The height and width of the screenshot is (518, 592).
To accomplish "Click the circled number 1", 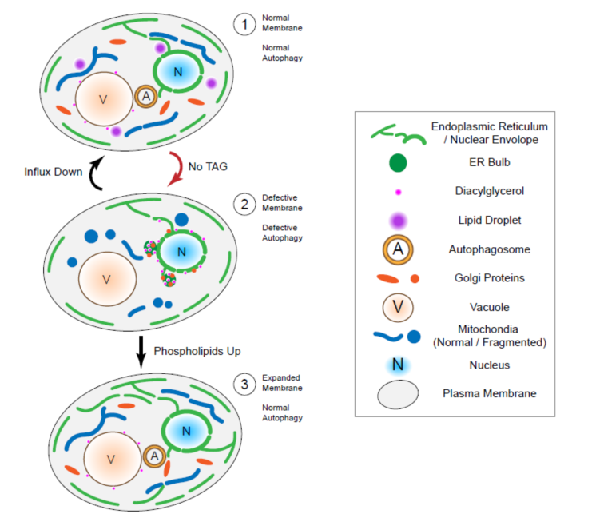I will point(243,24).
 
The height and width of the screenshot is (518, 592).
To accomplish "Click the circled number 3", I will point(243,383).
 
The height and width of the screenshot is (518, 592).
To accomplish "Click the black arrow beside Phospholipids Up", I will point(141,352).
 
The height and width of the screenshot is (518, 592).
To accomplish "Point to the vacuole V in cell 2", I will point(106,281).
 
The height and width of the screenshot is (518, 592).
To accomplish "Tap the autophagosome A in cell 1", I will point(145,97).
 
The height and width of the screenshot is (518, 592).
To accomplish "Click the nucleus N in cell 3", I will point(186,431).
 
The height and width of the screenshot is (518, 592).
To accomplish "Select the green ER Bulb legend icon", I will point(397,163).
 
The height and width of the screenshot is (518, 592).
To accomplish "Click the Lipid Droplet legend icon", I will point(397,220).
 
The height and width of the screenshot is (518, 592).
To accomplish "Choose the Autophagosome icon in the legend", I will point(397,249).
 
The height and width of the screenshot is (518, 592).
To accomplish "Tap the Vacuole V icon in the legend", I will point(397,307).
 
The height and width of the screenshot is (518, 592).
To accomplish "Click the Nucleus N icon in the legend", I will point(397,365).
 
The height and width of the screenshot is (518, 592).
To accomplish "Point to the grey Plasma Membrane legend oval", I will point(397,394).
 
